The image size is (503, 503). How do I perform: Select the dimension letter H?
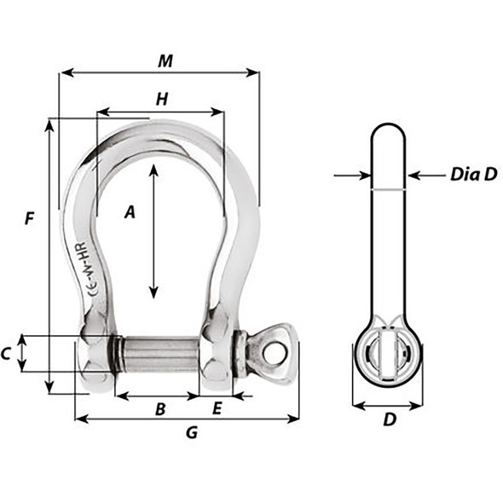[160, 100]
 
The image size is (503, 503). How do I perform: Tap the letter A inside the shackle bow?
[130, 213]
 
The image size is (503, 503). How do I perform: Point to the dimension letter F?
[30, 218]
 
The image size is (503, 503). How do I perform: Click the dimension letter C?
[8, 353]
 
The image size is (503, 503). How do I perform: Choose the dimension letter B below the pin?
[159, 409]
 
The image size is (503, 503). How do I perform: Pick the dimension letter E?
[217, 409]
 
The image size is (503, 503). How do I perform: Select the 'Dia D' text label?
[472, 176]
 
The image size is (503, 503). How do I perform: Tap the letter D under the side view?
[389, 419]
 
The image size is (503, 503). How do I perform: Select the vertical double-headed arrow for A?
[153, 231]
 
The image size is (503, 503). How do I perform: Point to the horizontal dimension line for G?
[188, 418]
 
